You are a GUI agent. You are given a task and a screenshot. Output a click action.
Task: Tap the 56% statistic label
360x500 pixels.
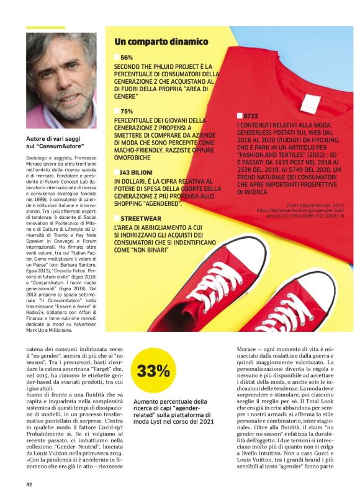pyautogui.click(x=127, y=57)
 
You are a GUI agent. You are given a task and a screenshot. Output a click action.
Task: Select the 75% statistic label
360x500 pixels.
pyautogui.click(x=127, y=111)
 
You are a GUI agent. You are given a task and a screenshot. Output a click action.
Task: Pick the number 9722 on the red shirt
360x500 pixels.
pyautogui.click(x=251, y=116)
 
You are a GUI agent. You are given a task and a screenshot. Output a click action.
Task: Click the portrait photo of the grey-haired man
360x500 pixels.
pyautogui.click(x=61, y=81)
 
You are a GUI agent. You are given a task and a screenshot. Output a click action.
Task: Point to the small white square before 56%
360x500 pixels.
pyautogui.click(x=117, y=57)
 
